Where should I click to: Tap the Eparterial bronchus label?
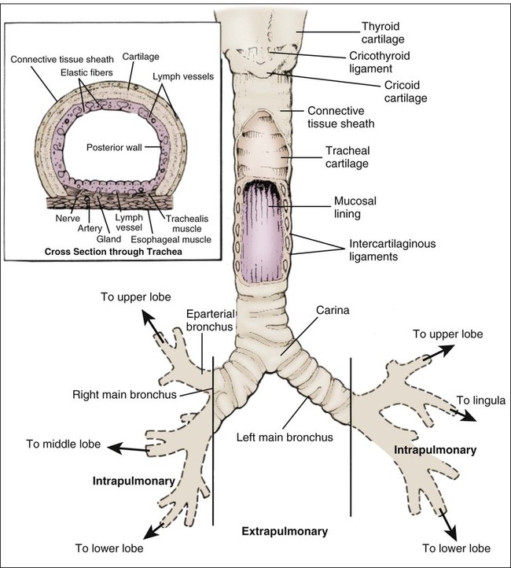click(212, 319)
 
